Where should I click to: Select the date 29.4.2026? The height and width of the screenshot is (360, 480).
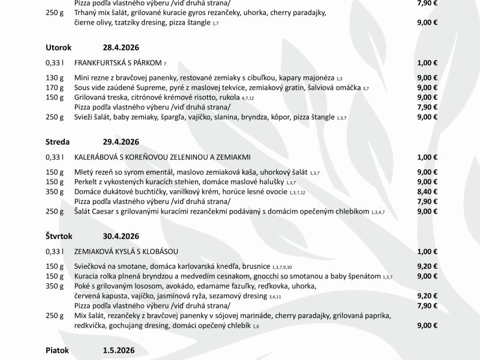pos(121,142)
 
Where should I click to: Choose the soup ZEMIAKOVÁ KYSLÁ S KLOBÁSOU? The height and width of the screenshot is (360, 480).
pos(126,250)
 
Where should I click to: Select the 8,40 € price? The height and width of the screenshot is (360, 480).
pos(427,191)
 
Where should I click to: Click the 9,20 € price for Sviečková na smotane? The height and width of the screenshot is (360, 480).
pos(427,266)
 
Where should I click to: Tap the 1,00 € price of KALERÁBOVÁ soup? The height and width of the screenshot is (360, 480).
pos(427,157)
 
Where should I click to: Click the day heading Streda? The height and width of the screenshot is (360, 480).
pos(58,142)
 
